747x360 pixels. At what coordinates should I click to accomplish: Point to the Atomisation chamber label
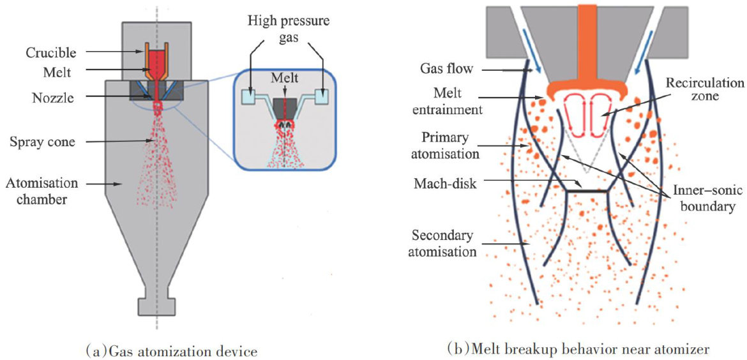(x=43, y=190)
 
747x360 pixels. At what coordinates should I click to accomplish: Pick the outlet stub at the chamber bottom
(x=156, y=305)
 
